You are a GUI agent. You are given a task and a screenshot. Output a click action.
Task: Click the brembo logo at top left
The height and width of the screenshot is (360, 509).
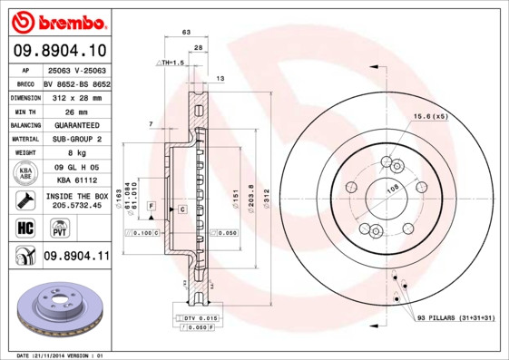coord(58,20)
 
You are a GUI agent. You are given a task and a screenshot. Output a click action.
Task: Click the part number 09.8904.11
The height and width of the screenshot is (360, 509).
coord(76,257)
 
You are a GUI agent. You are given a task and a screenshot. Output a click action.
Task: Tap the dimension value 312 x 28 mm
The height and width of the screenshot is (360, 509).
coord(75,96)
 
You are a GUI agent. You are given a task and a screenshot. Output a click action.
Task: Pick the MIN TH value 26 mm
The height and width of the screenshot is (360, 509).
coord(75,111)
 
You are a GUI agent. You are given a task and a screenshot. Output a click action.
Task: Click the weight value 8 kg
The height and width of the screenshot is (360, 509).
coord(75,153)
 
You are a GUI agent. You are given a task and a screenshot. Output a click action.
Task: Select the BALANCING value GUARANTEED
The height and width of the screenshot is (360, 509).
coord(75,125)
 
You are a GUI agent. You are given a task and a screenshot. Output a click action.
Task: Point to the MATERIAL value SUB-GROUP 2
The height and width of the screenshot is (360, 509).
coord(75,139)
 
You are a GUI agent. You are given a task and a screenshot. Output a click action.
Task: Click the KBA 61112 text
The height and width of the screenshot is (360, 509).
coord(75,180)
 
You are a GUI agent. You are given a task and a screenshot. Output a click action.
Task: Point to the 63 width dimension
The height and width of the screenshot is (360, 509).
coord(186,32)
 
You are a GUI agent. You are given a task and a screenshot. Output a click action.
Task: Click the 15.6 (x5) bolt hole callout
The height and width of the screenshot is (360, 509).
coord(431,117)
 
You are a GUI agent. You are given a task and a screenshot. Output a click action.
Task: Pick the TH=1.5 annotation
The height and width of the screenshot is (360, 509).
coord(171,63)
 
